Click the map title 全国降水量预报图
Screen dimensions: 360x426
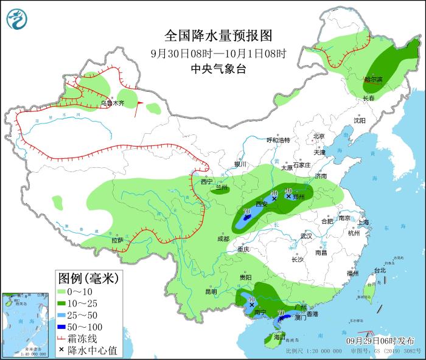click(218, 35)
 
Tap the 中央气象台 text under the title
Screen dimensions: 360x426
click(218, 69)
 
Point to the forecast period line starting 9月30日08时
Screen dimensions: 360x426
click(218, 53)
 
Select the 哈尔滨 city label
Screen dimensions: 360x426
click(373, 80)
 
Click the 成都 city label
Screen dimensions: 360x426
click(223, 239)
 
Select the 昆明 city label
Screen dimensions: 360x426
click(211, 292)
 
